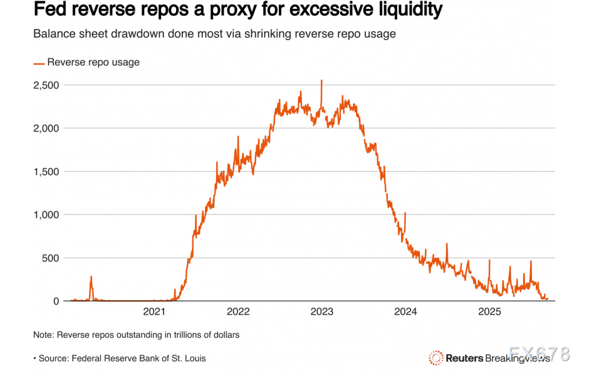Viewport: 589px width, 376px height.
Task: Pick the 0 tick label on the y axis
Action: pos(56,301)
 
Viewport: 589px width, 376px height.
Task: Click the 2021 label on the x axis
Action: pos(154,312)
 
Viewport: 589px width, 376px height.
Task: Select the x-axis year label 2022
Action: pos(238,312)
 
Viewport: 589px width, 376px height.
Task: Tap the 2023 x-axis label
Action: pos(322,312)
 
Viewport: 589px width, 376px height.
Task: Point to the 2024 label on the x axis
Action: pos(406,312)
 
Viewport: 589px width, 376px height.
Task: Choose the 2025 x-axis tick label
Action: pos(489,312)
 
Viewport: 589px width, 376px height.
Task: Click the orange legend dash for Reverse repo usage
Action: pos(39,63)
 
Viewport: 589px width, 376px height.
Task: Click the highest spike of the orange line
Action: pos(321,81)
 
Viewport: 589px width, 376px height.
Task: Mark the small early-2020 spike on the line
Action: pos(91,277)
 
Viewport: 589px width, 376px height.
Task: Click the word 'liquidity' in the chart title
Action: pos(410,10)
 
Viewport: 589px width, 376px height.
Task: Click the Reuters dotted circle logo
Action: pos(436,358)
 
